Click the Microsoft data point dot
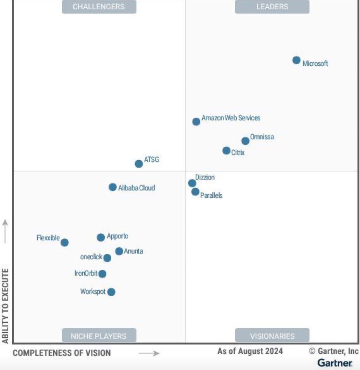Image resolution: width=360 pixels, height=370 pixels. click(x=296, y=60)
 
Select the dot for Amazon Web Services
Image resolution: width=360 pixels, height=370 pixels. click(x=196, y=121)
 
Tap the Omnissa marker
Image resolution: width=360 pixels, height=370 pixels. click(x=245, y=141)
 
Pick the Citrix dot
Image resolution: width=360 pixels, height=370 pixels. click(x=226, y=150)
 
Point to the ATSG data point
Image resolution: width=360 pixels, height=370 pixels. click(x=139, y=164)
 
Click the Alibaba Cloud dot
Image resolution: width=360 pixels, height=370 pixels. click(x=113, y=187)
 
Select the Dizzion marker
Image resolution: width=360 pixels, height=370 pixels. click(x=192, y=183)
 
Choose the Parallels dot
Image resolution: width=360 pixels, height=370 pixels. click(x=195, y=192)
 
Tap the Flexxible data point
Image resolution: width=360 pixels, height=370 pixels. click(x=64, y=243)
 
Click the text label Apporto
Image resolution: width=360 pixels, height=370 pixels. click(x=118, y=236)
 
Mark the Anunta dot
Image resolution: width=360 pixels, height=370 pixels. click(x=119, y=251)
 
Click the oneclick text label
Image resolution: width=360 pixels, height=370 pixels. click(x=91, y=257)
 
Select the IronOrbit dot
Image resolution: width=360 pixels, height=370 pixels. click(x=102, y=274)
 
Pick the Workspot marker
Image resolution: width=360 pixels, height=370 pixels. click(x=111, y=292)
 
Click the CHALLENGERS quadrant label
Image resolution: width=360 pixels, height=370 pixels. click(x=99, y=7)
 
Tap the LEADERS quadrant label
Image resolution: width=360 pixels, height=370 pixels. click(x=272, y=7)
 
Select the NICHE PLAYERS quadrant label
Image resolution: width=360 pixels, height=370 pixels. click(x=99, y=336)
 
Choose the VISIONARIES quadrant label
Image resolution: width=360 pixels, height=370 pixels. click(x=272, y=336)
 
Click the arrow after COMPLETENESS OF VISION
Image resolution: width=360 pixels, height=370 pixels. click(x=149, y=353)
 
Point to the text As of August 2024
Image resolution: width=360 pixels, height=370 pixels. click(x=250, y=351)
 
